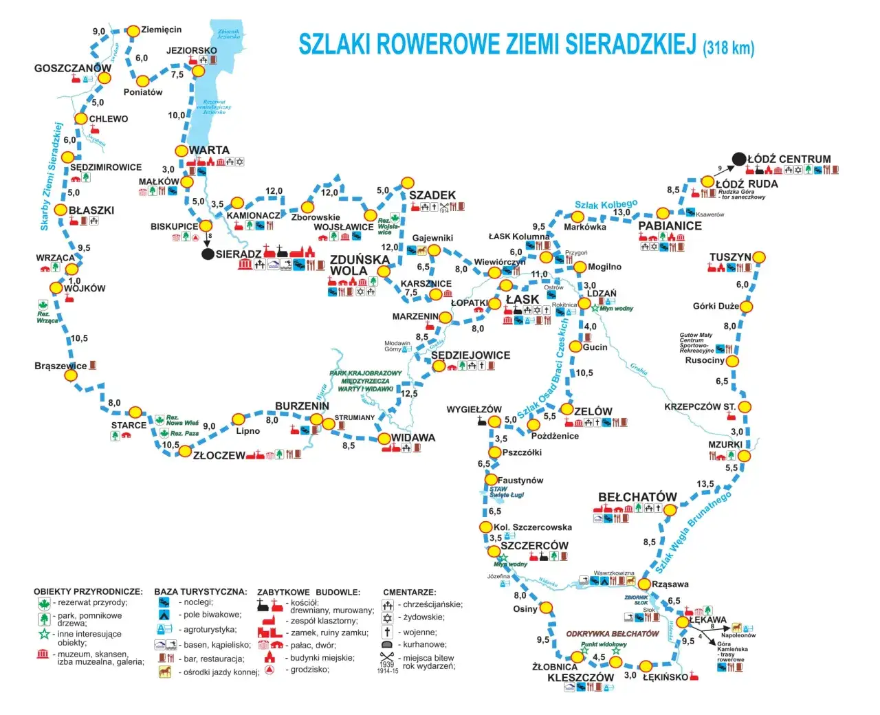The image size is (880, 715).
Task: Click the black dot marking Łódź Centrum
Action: [x=739, y=159]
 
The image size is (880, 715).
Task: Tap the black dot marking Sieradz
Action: [x=208, y=254]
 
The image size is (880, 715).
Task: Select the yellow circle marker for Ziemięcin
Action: [x=133, y=31]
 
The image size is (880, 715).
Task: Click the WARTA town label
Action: [x=209, y=150]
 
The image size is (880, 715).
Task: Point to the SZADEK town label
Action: [x=432, y=195]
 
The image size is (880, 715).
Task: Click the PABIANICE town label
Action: [x=670, y=225]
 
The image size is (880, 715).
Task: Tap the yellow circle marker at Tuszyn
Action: [x=759, y=257]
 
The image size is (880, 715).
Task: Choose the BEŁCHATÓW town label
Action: [x=637, y=497]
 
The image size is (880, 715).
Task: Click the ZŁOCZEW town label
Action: [x=219, y=455]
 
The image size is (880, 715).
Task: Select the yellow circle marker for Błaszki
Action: [x=60, y=210]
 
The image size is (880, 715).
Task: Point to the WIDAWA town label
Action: [x=413, y=437]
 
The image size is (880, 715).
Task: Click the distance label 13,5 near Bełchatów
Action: [x=705, y=484]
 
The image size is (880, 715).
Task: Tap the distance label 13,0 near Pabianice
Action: [x=621, y=212]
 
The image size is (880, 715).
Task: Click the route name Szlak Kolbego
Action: [x=606, y=205]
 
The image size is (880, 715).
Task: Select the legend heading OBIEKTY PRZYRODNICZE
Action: [x=88, y=591]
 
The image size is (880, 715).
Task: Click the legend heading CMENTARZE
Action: [x=410, y=592]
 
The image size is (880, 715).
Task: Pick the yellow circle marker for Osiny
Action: [x=546, y=608]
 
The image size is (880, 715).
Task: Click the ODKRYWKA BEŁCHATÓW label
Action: [x=613, y=634]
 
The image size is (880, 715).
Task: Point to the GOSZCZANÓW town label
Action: [x=72, y=68]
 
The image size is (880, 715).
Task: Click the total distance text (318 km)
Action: [x=729, y=47]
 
